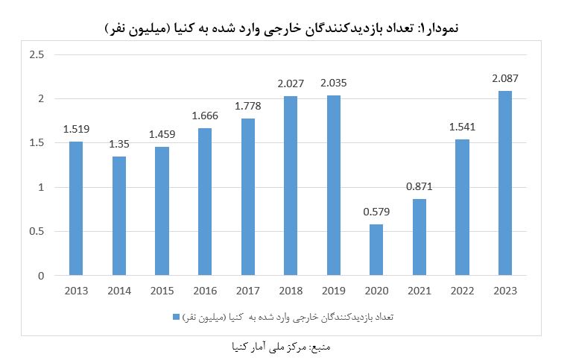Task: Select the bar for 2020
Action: pyautogui.click(x=377, y=250)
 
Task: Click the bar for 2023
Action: pyautogui.click(x=505, y=183)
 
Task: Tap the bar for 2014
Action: pyautogui.click(x=119, y=216)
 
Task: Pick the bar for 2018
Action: pyautogui.click(x=291, y=186)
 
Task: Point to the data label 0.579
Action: pyautogui.click(x=377, y=212)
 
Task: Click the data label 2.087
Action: pyautogui.click(x=505, y=78)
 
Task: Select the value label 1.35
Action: pyautogui.click(x=119, y=144)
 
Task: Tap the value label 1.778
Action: pyautogui.click(x=248, y=106)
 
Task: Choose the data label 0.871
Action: pyautogui.click(x=420, y=186)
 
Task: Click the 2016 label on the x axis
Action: pyautogui.click(x=205, y=291)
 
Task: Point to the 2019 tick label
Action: pyautogui.click(x=334, y=291)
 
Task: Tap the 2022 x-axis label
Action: pyautogui.click(x=463, y=291)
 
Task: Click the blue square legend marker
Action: pyautogui.click(x=176, y=316)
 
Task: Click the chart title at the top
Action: pyautogui.click(x=283, y=28)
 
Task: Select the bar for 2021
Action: pyautogui.click(x=420, y=237)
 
